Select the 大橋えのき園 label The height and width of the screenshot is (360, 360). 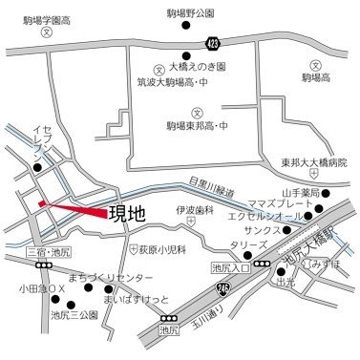click(197, 69)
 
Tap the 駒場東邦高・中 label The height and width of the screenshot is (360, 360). click(197, 125)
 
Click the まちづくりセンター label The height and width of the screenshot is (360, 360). click(110, 277)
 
